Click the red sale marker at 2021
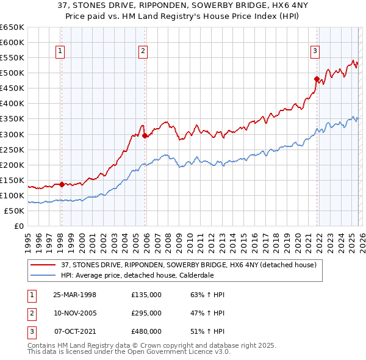pos(317,79)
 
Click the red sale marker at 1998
pos(62,184)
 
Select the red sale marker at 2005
pos(145,135)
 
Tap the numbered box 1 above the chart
pos(61,52)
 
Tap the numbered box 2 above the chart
pos(143,52)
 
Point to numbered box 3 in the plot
pos(315,52)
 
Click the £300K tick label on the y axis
pos(12,134)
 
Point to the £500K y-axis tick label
pos(12,73)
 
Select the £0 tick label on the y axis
pos(18,226)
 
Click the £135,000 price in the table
pos(146,295)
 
